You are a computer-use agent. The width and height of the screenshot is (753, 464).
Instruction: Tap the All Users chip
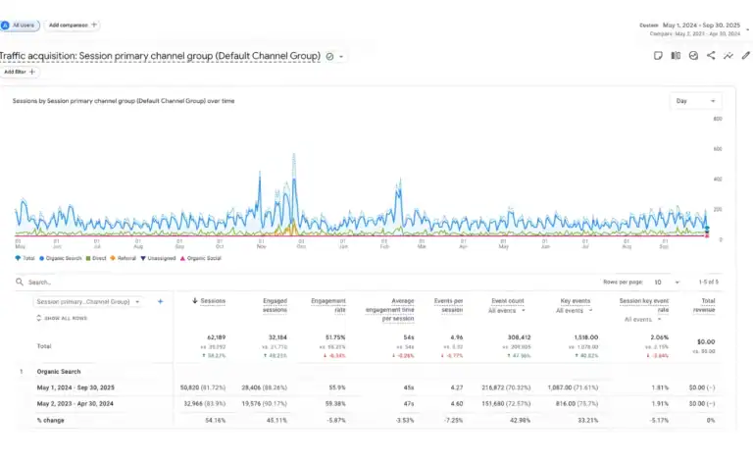(x=21, y=25)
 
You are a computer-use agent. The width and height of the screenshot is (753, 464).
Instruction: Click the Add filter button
(x=19, y=72)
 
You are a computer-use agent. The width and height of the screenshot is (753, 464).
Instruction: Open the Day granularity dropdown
(x=695, y=101)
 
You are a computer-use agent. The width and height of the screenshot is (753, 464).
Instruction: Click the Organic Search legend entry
(x=60, y=258)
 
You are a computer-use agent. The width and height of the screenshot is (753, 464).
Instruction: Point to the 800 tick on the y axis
(x=718, y=120)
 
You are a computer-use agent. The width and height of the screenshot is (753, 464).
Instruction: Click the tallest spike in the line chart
(x=294, y=155)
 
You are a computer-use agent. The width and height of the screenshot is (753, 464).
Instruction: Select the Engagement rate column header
(x=328, y=305)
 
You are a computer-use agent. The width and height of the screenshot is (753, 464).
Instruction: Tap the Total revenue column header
(x=703, y=305)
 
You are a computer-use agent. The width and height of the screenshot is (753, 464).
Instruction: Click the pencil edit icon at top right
(x=745, y=56)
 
